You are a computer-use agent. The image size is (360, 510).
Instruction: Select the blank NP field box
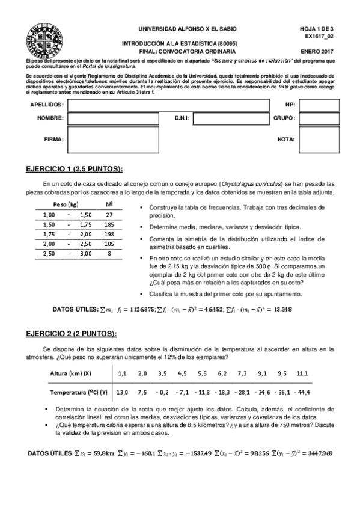[x=320, y=104]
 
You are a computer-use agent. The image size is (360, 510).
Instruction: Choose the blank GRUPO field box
[x=320, y=118]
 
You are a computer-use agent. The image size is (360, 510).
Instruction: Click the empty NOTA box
[x=320, y=139]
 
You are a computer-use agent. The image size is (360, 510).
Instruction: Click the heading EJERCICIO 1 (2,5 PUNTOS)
[x=76, y=168]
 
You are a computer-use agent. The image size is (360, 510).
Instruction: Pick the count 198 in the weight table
[x=109, y=234]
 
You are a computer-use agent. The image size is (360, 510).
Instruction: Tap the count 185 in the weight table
[x=109, y=224]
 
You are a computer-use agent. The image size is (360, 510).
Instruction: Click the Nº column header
[x=109, y=204]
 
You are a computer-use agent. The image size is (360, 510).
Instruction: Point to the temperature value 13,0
[x=122, y=392]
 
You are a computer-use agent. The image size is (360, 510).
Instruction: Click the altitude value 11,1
[x=302, y=373]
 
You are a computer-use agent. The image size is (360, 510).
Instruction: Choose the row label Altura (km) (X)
[x=71, y=373]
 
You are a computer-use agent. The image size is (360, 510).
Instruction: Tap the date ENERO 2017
[x=317, y=52]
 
